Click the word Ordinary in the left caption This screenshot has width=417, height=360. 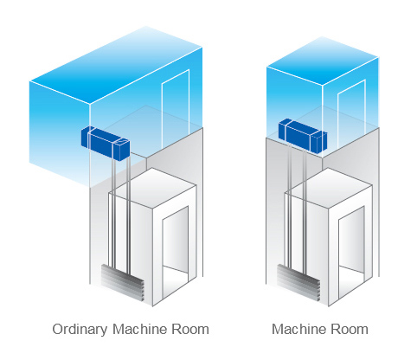click(80, 330)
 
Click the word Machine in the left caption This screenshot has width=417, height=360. click(140, 329)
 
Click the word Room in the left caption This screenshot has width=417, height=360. click(190, 330)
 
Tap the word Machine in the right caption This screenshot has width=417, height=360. click(299, 329)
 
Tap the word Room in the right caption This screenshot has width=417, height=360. click(350, 330)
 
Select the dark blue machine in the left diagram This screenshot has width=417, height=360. click(106, 143)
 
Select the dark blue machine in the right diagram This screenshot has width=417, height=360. click(303, 135)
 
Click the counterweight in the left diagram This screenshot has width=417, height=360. click(123, 283)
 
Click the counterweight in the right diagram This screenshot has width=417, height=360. click(298, 283)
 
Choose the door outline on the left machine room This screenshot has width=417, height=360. click(176, 108)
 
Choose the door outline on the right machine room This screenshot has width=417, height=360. click(351, 114)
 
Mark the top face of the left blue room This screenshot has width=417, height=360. click(116, 65)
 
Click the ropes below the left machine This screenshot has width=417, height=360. click(121, 210)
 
